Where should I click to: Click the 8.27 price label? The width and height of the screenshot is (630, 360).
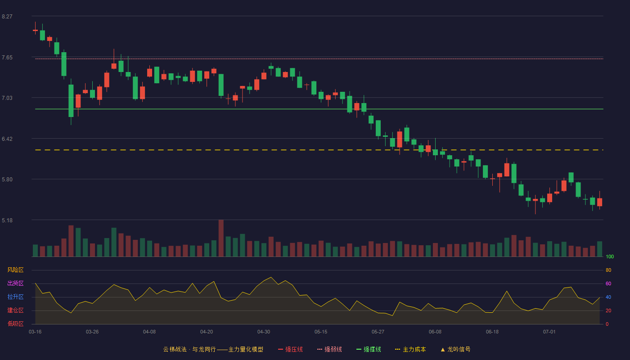point(7,17)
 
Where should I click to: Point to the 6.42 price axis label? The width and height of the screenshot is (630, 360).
point(7,139)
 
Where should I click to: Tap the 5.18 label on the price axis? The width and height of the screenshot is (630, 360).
point(7,220)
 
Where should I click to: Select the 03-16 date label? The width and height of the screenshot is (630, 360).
point(35,332)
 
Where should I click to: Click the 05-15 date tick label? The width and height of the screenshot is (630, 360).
point(321,332)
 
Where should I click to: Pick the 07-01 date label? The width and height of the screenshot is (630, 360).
point(549,332)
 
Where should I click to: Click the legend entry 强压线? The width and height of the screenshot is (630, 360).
point(291,349)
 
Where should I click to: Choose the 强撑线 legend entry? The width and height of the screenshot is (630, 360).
point(369,349)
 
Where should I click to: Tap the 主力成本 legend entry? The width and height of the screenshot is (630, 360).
point(410,349)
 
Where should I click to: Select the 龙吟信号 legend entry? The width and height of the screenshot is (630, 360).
point(455,349)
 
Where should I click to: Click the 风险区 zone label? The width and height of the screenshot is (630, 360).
point(15,270)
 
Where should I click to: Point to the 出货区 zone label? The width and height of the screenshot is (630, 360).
point(15,283)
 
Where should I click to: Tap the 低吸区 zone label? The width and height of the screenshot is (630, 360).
point(15,324)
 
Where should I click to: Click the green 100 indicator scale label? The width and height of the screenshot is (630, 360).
point(610,256)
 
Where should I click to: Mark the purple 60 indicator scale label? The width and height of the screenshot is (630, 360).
point(608,283)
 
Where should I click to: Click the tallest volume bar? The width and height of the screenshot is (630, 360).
point(221,238)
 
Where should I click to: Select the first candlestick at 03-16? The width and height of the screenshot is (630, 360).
point(35,30)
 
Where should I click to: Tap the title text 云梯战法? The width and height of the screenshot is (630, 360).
point(175,349)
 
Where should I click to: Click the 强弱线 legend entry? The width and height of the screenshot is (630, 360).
point(329,349)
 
